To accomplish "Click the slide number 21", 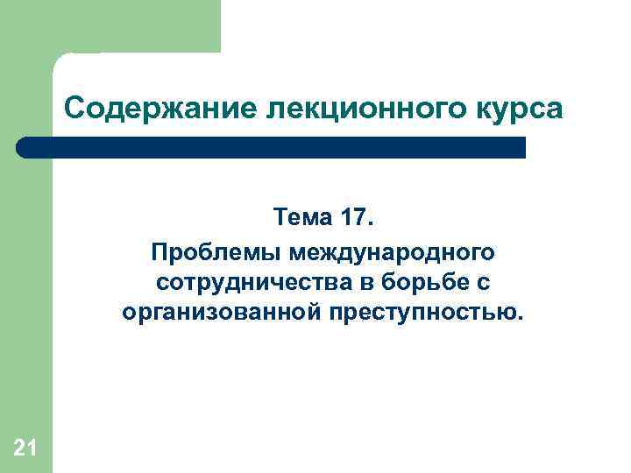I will tap(25, 449).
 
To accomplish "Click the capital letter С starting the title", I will tap(73, 110).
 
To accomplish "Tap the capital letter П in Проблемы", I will tap(159, 252).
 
